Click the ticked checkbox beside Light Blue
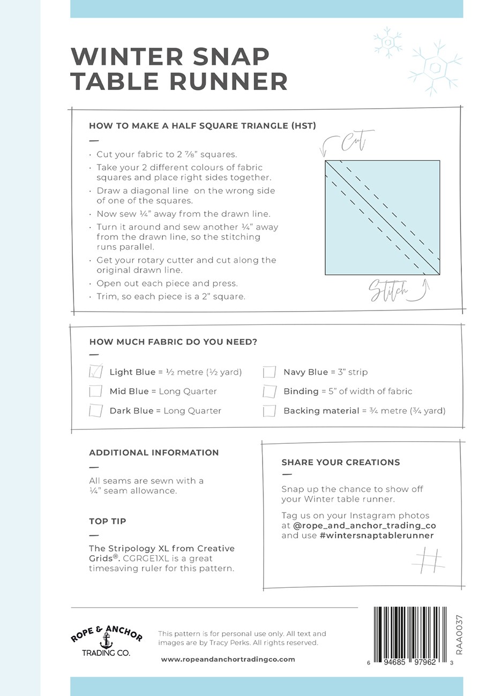coord(96,372)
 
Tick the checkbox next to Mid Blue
coord(96,391)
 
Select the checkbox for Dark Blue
coord(96,411)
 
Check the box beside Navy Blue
coord(270,372)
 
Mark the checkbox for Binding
coord(270,391)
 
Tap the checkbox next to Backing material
coord(270,411)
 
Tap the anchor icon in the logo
coord(107,640)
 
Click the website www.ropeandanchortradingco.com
coord(228,659)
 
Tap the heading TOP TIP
coord(108,521)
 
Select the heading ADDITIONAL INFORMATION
coord(154,452)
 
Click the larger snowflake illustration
coord(435,68)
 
